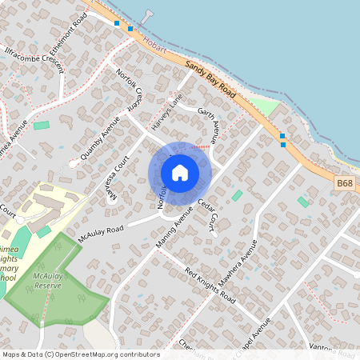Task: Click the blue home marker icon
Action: click(180, 173)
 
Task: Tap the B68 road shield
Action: click(344, 184)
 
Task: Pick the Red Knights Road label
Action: click(210, 286)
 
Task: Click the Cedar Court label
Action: click(207, 215)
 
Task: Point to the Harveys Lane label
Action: click(162, 111)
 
